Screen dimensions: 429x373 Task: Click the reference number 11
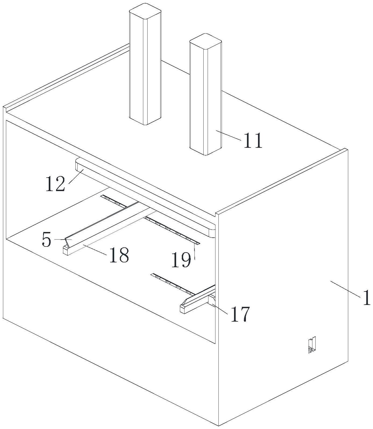[x=253, y=140]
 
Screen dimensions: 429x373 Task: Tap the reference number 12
[x=55, y=184]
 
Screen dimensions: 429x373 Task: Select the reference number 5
[x=46, y=240]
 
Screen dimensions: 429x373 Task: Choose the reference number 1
[x=367, y=298]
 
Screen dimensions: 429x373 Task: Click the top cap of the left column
[x=145, y=11]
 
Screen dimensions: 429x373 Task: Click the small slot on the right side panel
[x=312, y=345]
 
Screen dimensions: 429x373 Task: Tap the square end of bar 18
[x=66, y=251]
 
